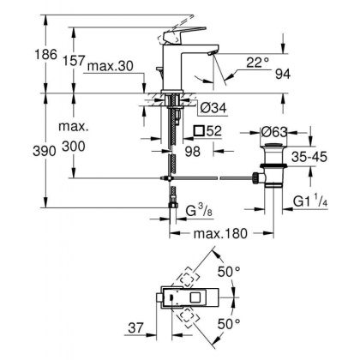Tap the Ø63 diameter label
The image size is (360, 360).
(276, 132)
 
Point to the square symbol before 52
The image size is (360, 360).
(201, 131)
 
